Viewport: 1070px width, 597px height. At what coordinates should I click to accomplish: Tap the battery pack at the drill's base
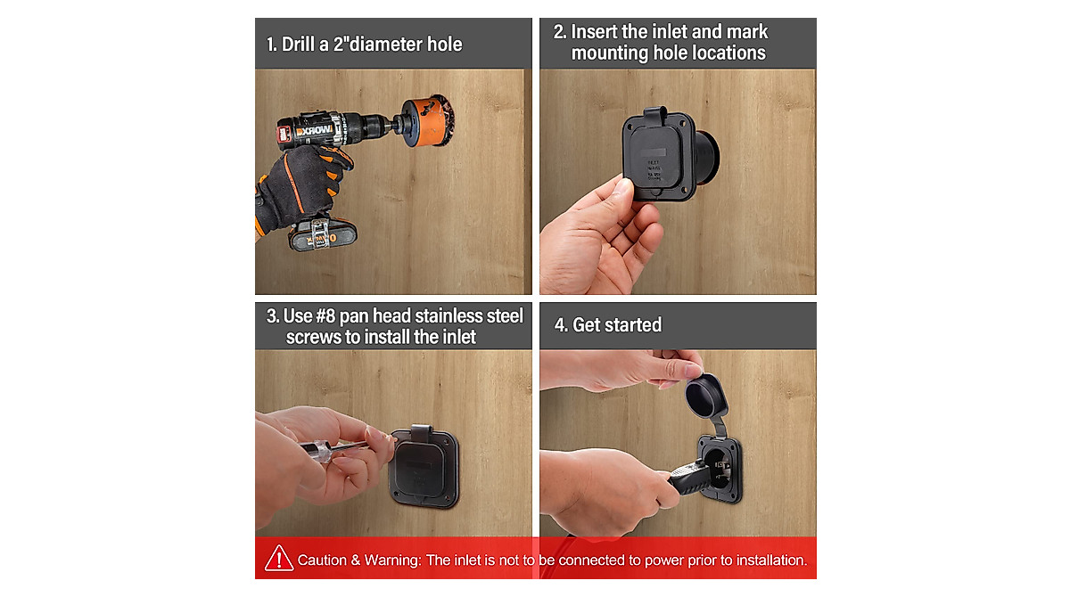(323, 235)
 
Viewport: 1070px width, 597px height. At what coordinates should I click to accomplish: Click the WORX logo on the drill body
(313, 130)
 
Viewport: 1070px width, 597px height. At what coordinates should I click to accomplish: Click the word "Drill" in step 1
(298, 45)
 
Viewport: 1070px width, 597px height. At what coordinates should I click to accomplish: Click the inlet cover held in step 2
(658, 155)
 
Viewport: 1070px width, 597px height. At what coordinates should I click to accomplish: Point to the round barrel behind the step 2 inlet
(707, 157)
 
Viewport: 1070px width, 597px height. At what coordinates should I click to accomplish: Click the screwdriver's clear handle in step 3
(317, 451)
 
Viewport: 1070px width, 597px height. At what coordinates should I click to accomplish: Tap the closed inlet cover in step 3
(424, 466)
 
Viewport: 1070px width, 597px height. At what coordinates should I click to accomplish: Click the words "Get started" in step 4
(617, 325)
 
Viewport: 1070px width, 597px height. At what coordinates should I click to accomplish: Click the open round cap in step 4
(705, 395)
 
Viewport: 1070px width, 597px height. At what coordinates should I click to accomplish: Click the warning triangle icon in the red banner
(279, 559)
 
